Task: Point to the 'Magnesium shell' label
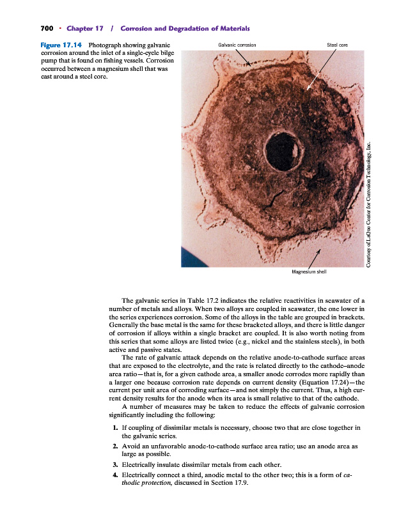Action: [x=309, y=271]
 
